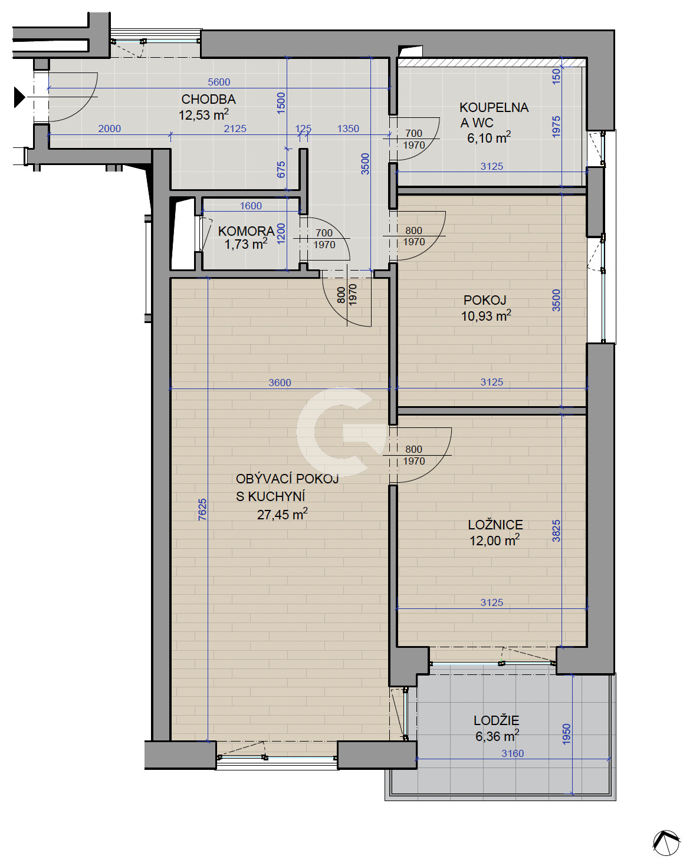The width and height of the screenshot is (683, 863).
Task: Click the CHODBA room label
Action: [x=208, y=99]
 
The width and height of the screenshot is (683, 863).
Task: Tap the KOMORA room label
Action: [x=246, y=231]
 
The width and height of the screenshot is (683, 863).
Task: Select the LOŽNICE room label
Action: [x=495, y=525]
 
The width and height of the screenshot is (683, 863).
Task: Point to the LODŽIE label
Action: [x=497, y=720]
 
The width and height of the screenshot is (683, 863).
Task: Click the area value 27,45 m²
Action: [x=282, y=514]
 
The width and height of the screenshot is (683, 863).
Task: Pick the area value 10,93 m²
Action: [x=486, y=315]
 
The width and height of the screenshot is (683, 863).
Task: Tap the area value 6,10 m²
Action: [x=489, y=137]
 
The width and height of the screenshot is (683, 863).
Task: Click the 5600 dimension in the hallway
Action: [x=219, y=82]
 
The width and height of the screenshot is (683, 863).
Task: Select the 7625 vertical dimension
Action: [x=202, y=509]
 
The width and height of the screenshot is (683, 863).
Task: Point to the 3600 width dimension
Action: [x=280, y=383]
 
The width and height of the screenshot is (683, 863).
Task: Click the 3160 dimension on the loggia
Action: [x=513, y=753]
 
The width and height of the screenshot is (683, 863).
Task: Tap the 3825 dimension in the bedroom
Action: [x=556, y=531]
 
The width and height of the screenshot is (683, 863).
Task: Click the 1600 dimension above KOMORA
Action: [x=251, y=206]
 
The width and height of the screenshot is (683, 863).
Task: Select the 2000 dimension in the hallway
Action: [x=110, y=129]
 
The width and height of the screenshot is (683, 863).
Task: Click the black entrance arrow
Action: [x=19, y=97]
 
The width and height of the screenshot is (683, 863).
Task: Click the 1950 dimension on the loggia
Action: [x=566, y=734]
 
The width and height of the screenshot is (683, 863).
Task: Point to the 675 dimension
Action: [x=281, y=170]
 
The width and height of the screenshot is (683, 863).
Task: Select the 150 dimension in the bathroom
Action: [x=556, y=77]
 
